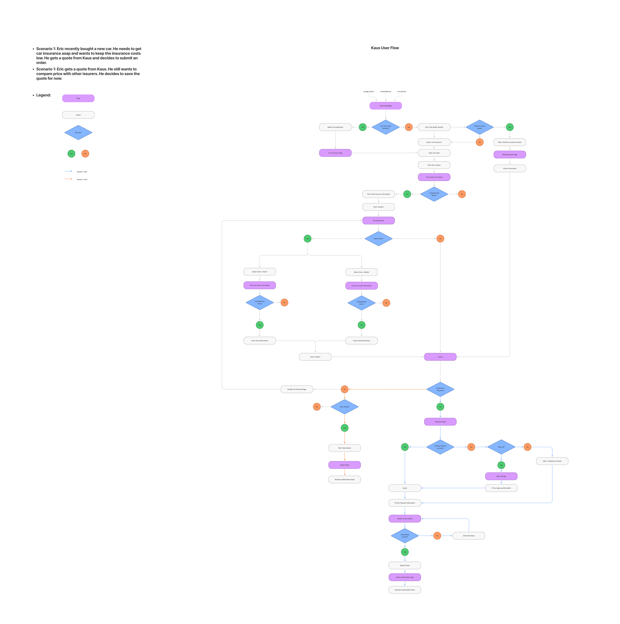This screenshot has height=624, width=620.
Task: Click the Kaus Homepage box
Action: tap(386, 106)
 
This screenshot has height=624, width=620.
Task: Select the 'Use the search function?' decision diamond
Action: tap(386, 127)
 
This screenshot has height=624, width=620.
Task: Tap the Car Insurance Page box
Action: tap(335, 153)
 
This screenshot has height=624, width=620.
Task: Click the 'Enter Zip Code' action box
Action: tap(434, 153)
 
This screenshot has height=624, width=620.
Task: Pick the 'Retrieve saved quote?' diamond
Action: tap(479, 127)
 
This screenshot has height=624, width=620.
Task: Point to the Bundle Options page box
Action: tap(378, 221)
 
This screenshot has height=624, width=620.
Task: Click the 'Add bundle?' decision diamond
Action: tap(378, 239)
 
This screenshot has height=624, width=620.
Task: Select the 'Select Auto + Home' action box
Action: tap(260, 272)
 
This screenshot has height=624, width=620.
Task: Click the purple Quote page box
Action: tap(440, 357)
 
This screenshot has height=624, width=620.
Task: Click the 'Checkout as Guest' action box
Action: tap(552, 461)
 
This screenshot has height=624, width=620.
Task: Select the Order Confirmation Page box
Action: tap(405, 577)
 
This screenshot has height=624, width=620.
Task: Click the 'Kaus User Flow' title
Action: tap(385, 48)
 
